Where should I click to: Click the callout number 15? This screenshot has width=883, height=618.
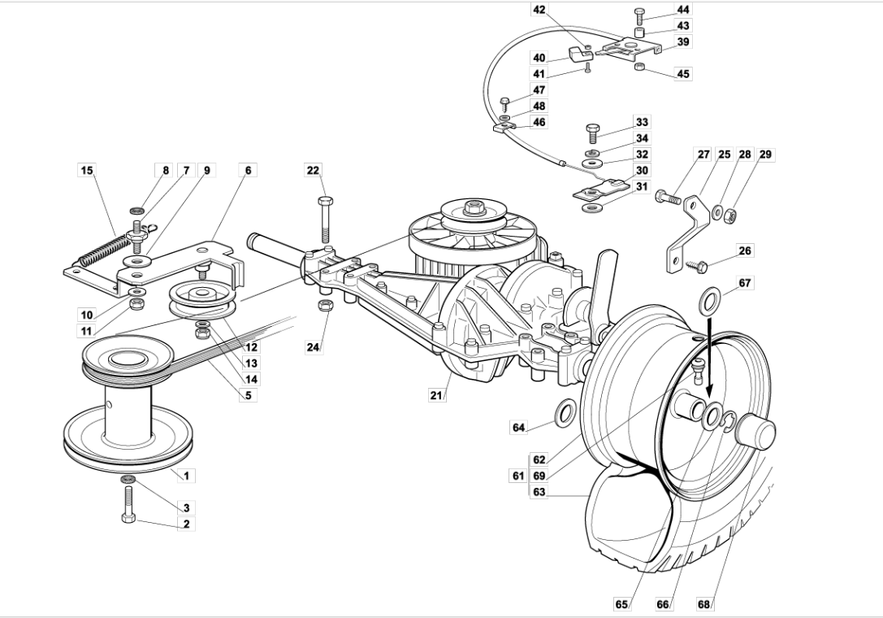coord(86,170)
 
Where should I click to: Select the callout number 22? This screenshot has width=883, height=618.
coord(313,170)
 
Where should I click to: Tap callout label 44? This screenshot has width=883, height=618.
coord(683,10)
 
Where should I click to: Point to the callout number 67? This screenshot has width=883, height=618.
coord(744,282)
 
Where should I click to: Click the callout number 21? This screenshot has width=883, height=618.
coord(436,394)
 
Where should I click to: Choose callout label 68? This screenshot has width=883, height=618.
coord(704,604)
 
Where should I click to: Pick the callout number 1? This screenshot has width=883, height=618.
coord(186,476)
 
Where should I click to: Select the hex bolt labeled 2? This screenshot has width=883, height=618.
coord(128,503)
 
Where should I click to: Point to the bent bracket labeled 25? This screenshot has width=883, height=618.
coord(687,233)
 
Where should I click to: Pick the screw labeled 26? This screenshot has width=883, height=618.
coord(696,264)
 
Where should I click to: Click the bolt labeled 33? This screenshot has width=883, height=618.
coord(591,134)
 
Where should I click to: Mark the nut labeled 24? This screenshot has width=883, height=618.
coord(324,306)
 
